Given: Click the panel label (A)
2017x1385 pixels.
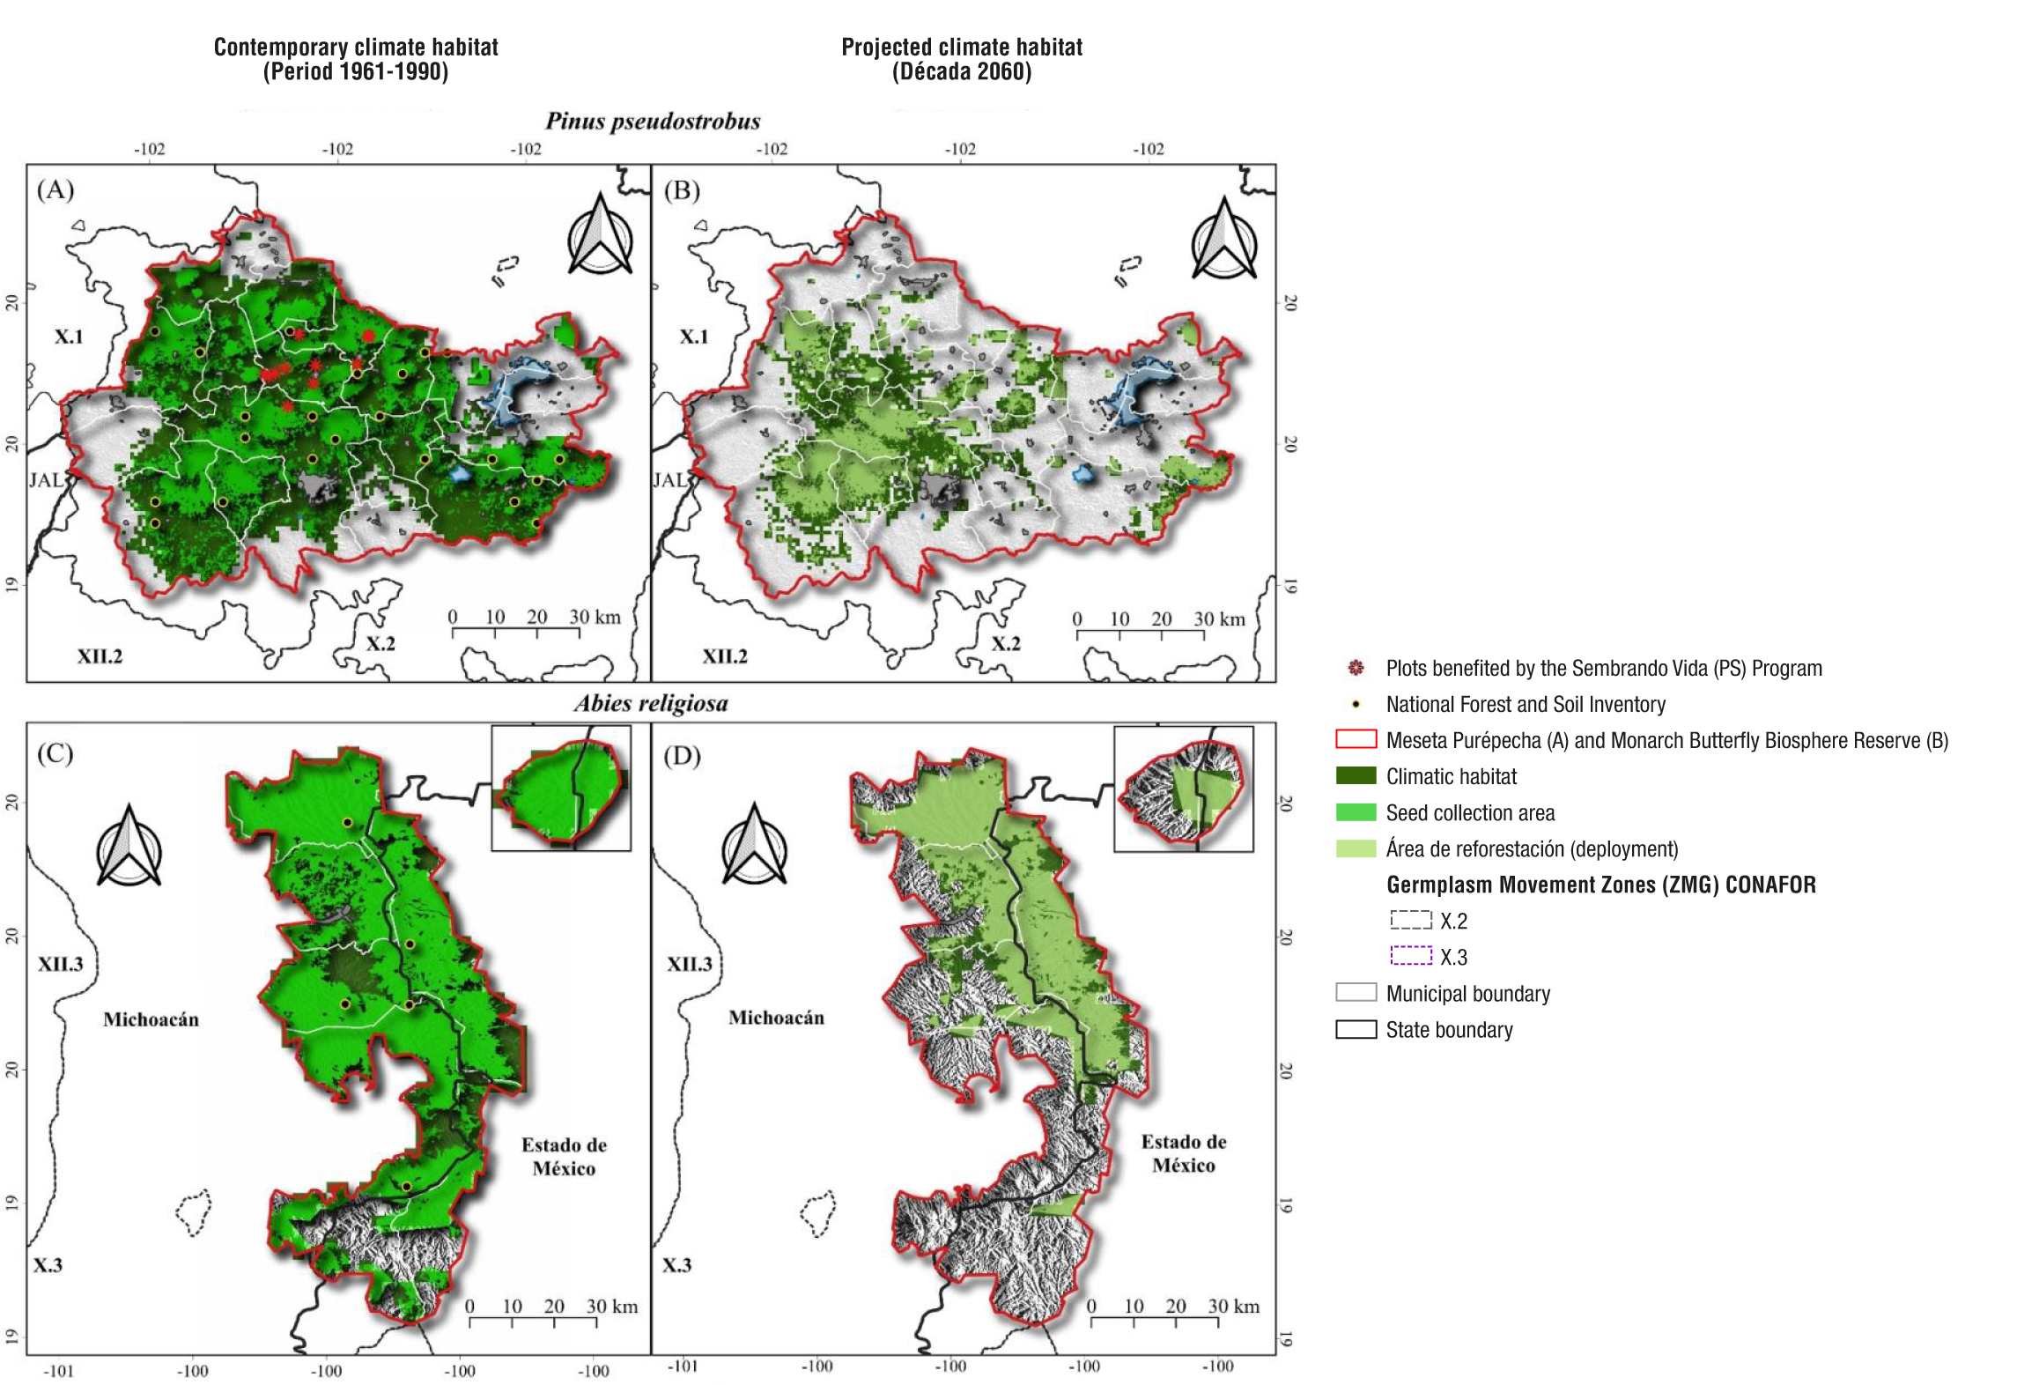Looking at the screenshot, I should (x=55, y=189).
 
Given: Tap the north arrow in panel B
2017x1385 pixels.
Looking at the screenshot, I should (x=1223, y=239).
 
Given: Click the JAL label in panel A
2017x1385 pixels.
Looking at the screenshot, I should (x=46, y=480).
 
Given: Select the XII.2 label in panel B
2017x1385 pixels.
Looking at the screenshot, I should (x=724, y=656).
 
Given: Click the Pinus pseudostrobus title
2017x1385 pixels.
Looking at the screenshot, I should (x=653, y=122).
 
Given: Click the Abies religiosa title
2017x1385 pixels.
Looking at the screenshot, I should (x=651, y=703).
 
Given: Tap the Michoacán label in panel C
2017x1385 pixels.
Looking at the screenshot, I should (x=151, y=1019).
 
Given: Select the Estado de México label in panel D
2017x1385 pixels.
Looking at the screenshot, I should (x=1183, y=1153).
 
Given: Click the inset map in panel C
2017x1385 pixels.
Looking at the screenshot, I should (x=561, y=788).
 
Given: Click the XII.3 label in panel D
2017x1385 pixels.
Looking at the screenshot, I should (x=689, y=964).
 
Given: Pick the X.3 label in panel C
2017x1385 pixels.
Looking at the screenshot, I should (x=48, y=1265).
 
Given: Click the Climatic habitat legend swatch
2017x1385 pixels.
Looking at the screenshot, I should (x=1356, y=776).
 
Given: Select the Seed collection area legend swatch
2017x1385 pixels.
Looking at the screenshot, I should (x=1356, y=812).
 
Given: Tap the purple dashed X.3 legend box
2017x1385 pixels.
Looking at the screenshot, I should (x=1411, y=956).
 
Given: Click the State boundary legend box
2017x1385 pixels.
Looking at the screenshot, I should (x=1356, y=1029).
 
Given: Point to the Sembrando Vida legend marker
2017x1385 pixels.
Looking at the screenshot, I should (x=1356, y=668).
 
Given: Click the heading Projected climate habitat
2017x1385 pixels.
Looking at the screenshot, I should (x=961, y=47).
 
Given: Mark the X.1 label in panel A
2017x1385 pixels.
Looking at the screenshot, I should (x=69, y=337).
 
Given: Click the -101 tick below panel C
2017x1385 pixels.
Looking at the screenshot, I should (x=59, y=1371).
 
